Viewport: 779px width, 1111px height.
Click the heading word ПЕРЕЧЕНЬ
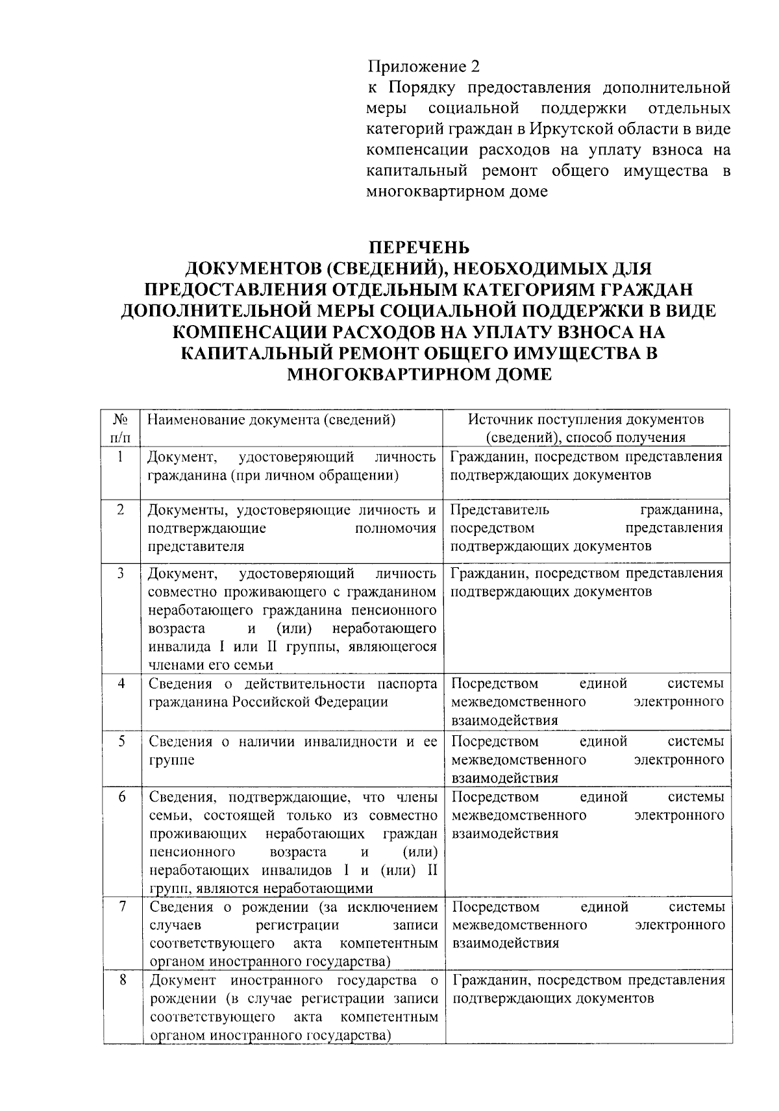click(419, 248)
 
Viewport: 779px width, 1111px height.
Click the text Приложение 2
click(423, 67)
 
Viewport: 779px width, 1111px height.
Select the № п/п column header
click(121, 428)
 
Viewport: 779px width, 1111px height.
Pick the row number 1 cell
click(121, 456)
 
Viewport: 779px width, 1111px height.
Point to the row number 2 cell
click(121, 509)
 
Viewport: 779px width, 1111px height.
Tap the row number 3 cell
click(121, 574)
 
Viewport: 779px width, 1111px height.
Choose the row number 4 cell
click(121, 683)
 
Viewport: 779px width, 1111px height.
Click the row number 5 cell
click(121, 741)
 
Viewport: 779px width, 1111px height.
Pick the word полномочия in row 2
click(395, 528)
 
